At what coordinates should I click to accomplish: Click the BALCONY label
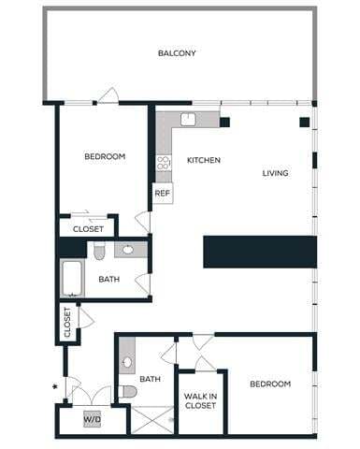pyautogui.click(x=177, y=53)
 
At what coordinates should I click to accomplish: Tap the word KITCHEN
pyautogui.click(x=203, y=160)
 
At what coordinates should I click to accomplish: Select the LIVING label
pyautogui.click(x=275, y=173)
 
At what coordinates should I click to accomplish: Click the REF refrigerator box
pyautogui.click(x=163, y=194)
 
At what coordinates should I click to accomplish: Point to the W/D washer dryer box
pyautogui.click(x=93, y=418)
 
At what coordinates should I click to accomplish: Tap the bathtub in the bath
pyautogui.click(x=73, y=278)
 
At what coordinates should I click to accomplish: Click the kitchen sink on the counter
pyautogui.click(x=187, y=119)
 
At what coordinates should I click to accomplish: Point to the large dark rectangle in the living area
pyautogui.click(x=260, y=252)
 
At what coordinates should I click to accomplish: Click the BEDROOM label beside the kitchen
pyautogui.click(x=105, y=156)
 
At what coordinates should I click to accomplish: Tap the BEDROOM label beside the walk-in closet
pyautogui.click(x=269, y=384)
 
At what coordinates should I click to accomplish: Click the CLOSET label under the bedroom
pyautogui.click(x=88, y=227)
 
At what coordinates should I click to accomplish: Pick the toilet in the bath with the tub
pyautogui.click(x=98, y=251)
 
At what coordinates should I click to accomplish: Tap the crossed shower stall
pyautogui.click(x=152, y=418)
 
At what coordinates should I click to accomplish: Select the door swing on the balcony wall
pyautogui.click(x=108, y=94)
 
